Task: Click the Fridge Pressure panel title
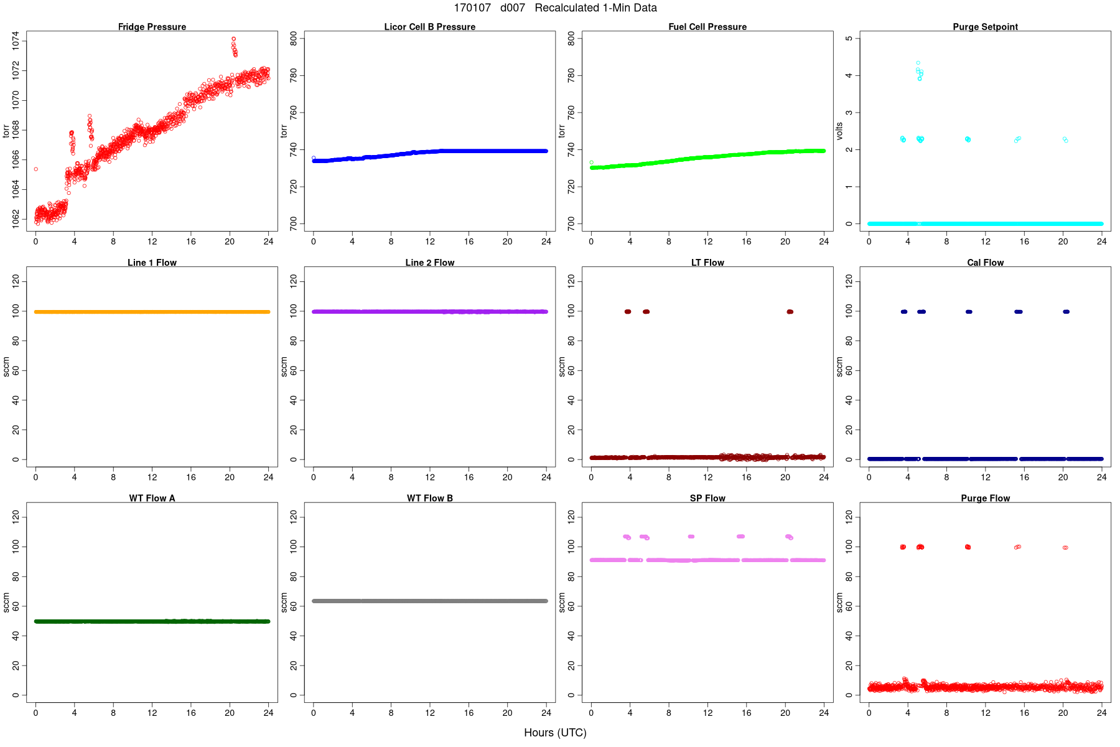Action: tap(152, 27)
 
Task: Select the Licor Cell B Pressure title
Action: tap(429, 27)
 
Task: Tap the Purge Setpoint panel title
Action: tap(985, 27)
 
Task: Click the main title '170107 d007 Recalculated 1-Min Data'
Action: tap(555, 8)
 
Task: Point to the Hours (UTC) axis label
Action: tap(555, 733)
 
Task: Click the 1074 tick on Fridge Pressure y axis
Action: tap(16, 42)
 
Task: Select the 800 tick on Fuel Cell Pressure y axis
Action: tap(571, 39)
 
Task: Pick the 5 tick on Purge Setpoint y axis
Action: tap(849, 39)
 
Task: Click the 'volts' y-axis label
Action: tap(839, 131)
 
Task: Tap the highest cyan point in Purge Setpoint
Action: tap(918, 63)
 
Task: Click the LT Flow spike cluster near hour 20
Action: tap(790, 312)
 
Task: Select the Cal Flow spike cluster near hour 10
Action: tap(968, 312)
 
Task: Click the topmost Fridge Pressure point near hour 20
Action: tap(233, 39)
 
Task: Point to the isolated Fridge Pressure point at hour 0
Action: tap(36, 169)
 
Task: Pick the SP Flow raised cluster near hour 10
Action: tap(691, 537)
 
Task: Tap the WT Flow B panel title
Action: tap(429, 498)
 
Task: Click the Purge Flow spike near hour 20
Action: tap(1065, 548)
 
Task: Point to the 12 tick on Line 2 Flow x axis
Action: tap(430, 477)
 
